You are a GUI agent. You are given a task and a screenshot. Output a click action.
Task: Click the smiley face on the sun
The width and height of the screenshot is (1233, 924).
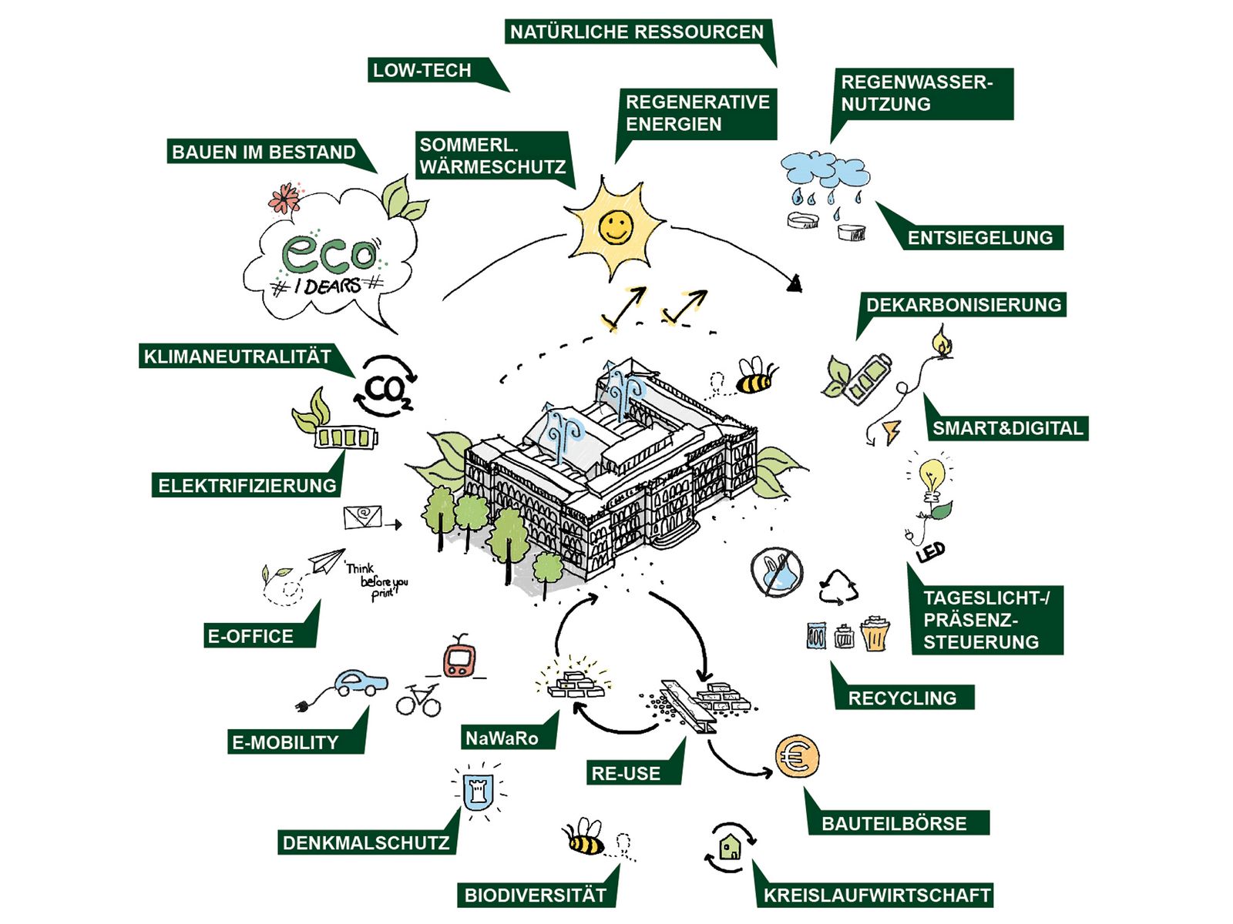point(616,226)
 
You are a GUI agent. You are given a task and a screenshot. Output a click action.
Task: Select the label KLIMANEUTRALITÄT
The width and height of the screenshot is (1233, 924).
point(237,357)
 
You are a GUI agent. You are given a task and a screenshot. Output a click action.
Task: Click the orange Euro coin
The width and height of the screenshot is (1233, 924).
point(797,756)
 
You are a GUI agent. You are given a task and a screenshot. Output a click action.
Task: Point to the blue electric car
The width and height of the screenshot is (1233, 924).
point(360,682)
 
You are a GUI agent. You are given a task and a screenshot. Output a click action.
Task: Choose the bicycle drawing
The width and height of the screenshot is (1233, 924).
point(418,701)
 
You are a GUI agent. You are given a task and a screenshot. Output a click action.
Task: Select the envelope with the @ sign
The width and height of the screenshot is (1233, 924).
point(363,516)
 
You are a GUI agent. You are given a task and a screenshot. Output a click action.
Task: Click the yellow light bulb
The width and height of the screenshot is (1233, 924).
point(932,476)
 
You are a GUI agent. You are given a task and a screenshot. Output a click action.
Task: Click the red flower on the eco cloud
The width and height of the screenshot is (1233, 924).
point(285,198)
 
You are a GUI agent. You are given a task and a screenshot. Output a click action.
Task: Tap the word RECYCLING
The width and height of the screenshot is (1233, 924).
point(902,698)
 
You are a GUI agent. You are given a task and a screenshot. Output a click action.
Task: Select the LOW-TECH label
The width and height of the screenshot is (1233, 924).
point(422,70)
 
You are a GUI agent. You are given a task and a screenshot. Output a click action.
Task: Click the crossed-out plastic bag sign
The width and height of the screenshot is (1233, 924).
point(777,572)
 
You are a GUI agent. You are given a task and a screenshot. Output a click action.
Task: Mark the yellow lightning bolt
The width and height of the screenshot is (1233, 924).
point(892,432)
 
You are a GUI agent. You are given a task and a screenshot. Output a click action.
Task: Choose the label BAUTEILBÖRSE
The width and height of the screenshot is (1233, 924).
point(894,824)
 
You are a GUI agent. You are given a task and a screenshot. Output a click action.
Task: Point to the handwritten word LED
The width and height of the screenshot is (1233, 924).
point(931,552)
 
